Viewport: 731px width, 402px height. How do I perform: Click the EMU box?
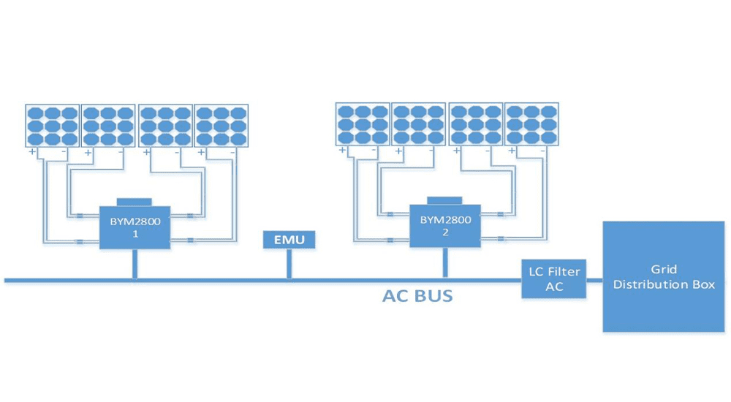[289, 240]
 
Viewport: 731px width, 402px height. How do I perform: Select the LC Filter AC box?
[554, 278]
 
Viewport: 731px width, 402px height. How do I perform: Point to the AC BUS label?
[417, 296]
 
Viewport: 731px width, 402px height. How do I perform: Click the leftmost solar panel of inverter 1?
[52, 126]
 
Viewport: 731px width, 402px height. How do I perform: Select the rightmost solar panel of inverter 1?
[221, 126]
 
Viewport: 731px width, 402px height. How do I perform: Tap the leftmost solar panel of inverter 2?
[363, 124]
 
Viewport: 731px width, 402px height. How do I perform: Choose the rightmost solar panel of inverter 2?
[531, 124]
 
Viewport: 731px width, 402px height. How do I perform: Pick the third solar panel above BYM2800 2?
[475, 124]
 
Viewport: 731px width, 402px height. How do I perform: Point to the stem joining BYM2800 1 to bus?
[135, 264]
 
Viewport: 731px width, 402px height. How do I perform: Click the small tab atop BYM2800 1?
[135, 202]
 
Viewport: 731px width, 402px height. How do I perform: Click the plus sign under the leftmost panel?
[32, 152]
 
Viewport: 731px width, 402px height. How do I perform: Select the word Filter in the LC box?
[564, 271]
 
